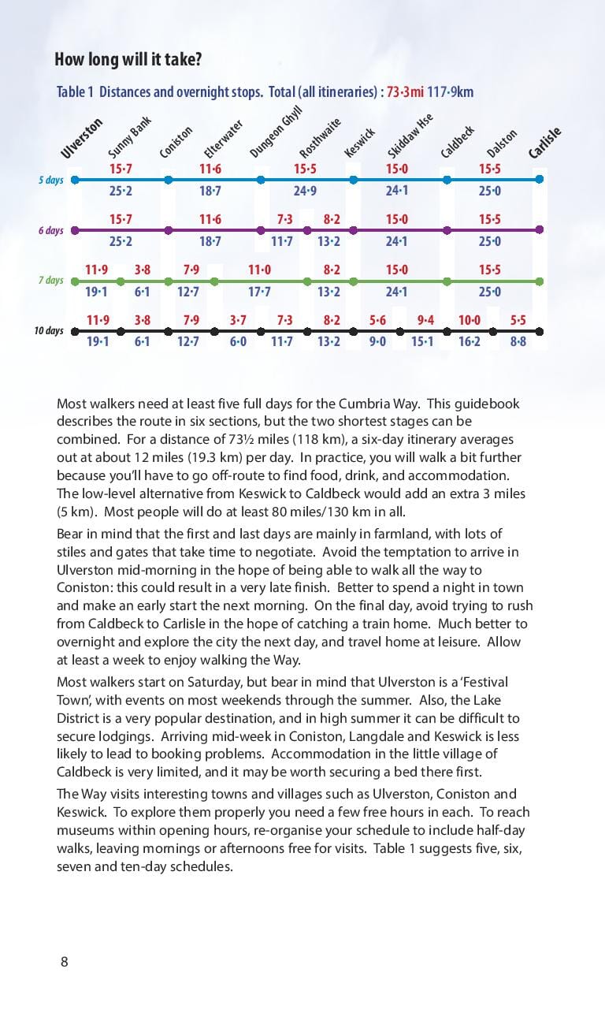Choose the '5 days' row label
tap(50, 181)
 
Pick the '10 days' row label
tap(48, 331)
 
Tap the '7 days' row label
tap(50, 281)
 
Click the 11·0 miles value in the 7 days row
tap(259, 270)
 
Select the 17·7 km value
tap(259, 292)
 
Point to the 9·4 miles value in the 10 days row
tap(425, 320)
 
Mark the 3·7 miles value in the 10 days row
tap(238, 320)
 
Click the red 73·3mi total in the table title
tap(404, 92)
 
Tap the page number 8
tap(64, 961)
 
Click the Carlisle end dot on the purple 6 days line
tap(540, 230)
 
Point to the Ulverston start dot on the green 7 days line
tap(74, 281)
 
